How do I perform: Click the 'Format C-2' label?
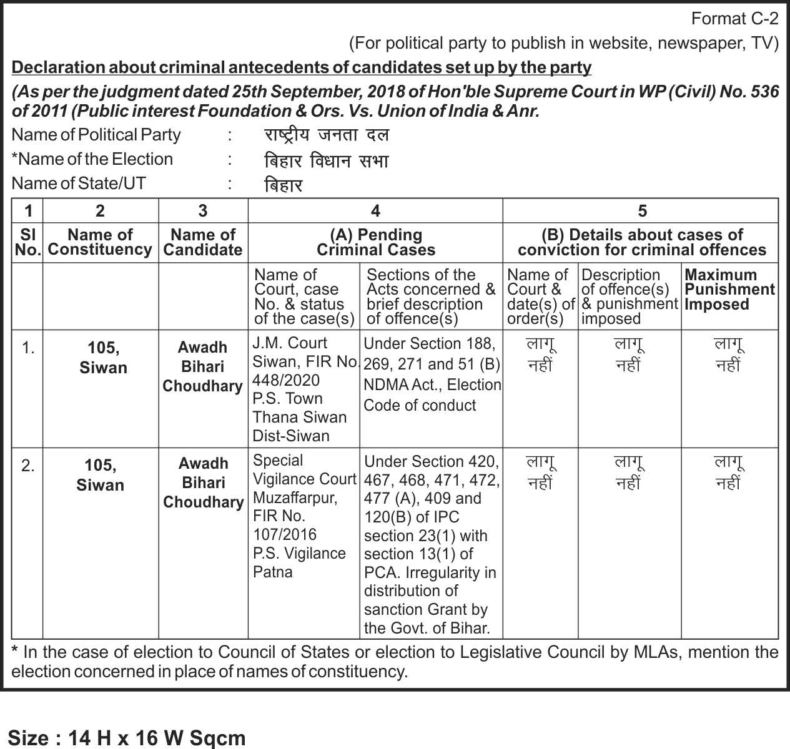(x=734, y=19)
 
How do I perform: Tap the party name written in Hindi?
(x=326, y=135)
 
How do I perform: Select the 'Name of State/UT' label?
(x=79, y=184)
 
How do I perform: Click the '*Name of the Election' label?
(x=92, y=159)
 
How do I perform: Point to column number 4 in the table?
(x=375, y=211)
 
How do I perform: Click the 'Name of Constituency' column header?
(x=100, y=242)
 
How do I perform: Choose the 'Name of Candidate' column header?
(x=203, y=242)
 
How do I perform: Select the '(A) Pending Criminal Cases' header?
(x=375, y=242)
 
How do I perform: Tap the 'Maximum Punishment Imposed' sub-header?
(x=729, y=290)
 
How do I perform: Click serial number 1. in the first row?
(x=28, y=348)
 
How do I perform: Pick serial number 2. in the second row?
(x=28, y=466)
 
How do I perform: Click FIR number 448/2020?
(x=286, y=380)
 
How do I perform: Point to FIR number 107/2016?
(x=285, y=534)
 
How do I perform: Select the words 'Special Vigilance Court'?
(x=304, y=470)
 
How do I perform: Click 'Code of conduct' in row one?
(x=420, y=405)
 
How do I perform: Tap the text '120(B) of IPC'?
(x=412, y=517)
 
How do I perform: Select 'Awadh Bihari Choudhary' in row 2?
(x=203, y=482)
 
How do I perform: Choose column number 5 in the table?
(x=641, y=211)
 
